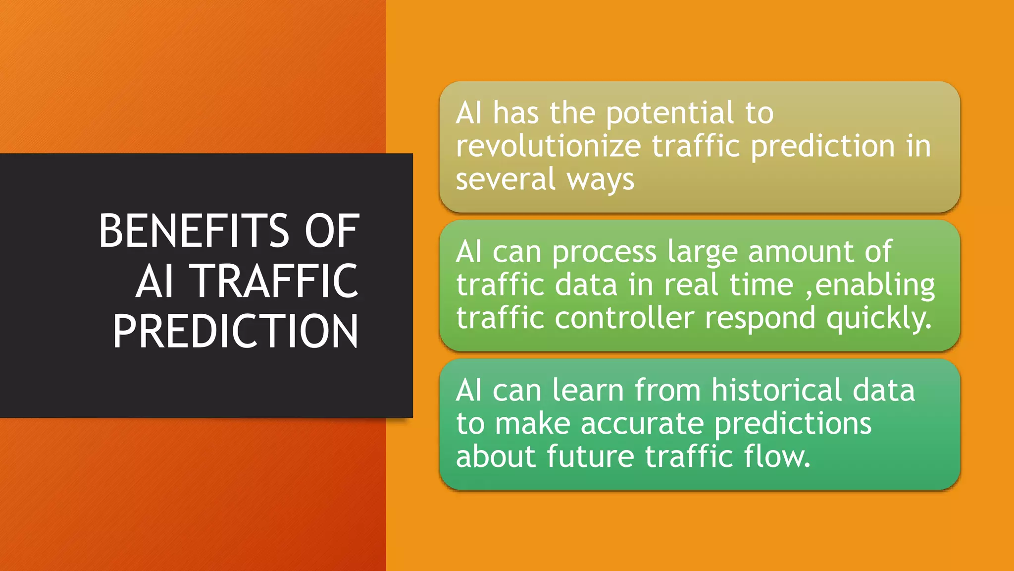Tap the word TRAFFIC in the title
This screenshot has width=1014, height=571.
(276, 281)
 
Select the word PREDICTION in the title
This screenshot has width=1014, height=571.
(235, 332)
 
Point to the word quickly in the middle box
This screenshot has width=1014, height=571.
(878, 318)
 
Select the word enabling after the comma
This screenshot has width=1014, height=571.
(875, 286)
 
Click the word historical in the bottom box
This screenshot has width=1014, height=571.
(776, 390)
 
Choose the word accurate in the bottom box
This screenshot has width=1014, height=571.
(642, 424)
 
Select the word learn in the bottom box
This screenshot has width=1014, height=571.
(588, 390)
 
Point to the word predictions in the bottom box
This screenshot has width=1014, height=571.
(793, 424)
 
